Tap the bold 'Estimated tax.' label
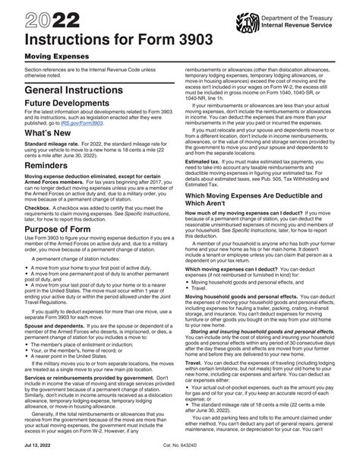205,160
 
